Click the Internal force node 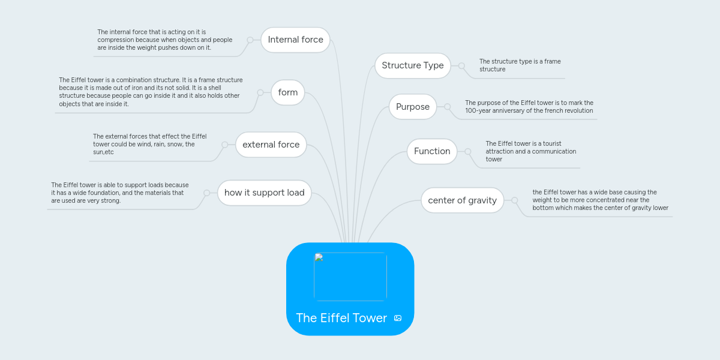pos(295,40)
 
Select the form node pos(288,92)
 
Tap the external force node pos(271,145)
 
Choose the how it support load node pos(264,193)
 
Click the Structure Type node pos(413,65)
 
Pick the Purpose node pos(413,107)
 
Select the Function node pos(432,151)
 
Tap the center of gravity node pos(462,200)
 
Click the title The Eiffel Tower pos(341,318)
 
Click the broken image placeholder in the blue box pos(350,277)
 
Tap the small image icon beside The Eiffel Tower pos(398,318)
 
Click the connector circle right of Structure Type pos(461,65)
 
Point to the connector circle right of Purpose pos(447,107)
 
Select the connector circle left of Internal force pos(250,40)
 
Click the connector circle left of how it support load pos(206,193)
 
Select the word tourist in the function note pos(550,143)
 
